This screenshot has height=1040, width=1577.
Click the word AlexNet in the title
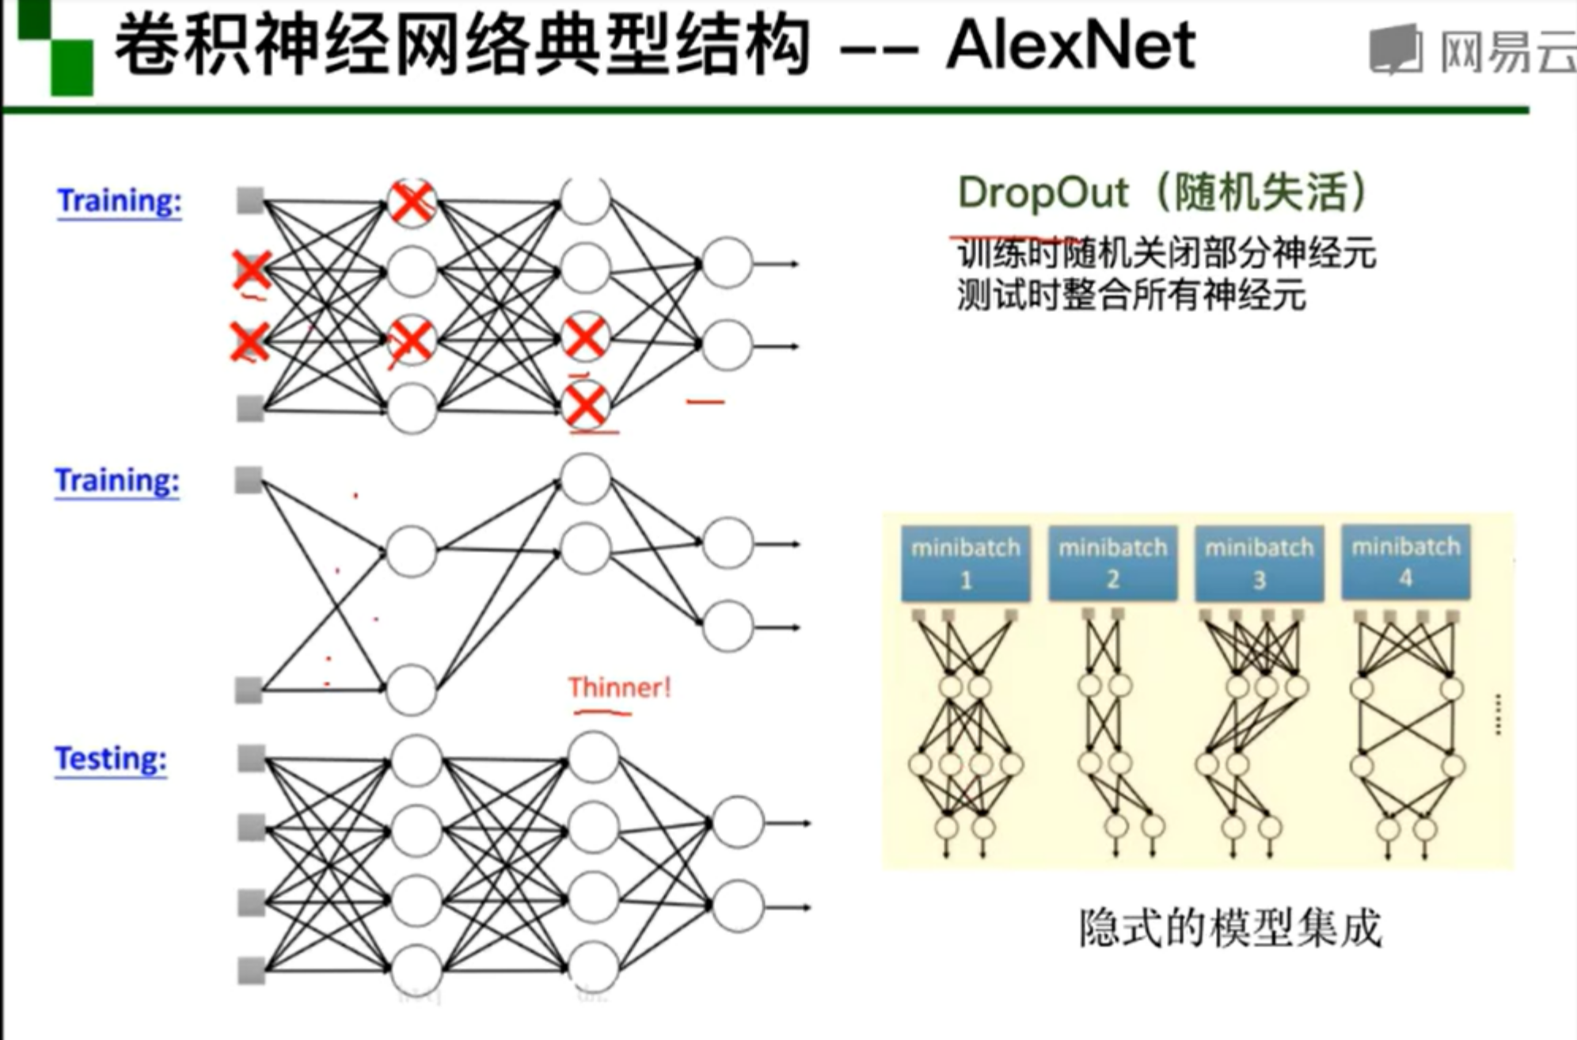1070,46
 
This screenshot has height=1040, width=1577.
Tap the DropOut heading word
1043,193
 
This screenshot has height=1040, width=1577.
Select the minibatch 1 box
965,563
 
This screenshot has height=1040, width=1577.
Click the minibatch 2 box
1112,563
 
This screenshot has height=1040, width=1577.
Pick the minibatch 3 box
1259,563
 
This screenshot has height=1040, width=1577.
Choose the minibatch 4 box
1405,562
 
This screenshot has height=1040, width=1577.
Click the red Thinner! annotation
619,687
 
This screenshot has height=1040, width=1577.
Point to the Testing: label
111,759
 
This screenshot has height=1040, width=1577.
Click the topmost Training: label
120,201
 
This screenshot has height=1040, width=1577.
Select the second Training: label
117,481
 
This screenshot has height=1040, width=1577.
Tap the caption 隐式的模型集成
1229,928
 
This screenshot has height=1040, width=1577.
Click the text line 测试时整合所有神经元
1130,296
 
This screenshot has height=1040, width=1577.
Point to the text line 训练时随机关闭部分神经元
1166,253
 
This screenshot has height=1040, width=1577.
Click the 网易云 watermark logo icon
1396,49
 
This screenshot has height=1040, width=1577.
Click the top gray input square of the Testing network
252,758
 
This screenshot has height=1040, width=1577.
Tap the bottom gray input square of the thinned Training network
249,690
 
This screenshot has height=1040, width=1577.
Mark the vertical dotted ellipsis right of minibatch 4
1498,714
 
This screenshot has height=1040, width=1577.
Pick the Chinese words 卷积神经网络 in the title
324,46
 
